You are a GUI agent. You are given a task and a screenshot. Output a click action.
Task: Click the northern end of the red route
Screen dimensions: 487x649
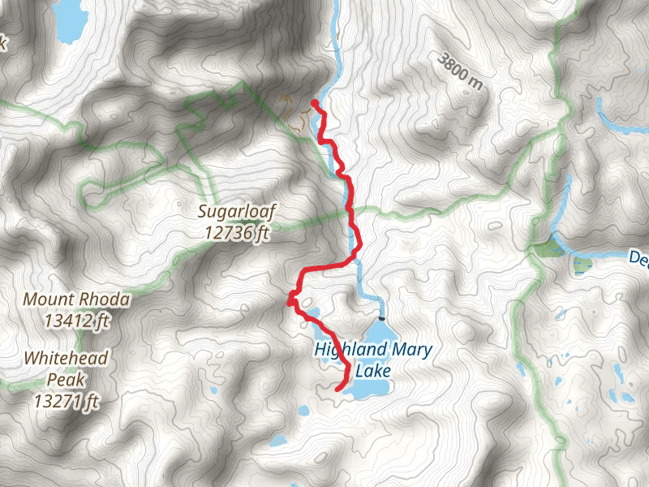[314, 102]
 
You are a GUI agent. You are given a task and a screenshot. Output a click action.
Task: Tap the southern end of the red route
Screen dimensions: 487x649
[337, 390]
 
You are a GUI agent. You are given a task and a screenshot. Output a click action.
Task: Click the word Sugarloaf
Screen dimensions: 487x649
[237, 213]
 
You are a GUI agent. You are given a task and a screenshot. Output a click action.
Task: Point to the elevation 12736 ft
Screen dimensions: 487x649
[237, 233]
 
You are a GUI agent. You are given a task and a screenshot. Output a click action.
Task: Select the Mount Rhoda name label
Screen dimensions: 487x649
[76, 300]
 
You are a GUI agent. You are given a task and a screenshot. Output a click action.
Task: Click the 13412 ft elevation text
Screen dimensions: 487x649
[76, 321]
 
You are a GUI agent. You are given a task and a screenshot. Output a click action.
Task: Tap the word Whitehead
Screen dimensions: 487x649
[66, 358]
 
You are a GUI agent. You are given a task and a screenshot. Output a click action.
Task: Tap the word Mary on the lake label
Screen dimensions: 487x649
[408, 351]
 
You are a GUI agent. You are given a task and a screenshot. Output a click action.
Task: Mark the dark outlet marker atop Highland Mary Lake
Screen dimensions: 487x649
[380, 318]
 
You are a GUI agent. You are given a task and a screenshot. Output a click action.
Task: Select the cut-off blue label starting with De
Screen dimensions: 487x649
[638, 258]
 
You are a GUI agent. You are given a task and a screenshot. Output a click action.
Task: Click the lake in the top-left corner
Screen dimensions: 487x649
[68, 20]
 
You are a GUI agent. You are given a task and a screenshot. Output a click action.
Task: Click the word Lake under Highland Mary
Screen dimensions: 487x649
[372, 371]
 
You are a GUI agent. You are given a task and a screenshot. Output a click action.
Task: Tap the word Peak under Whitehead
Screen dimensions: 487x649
[66, 378]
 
